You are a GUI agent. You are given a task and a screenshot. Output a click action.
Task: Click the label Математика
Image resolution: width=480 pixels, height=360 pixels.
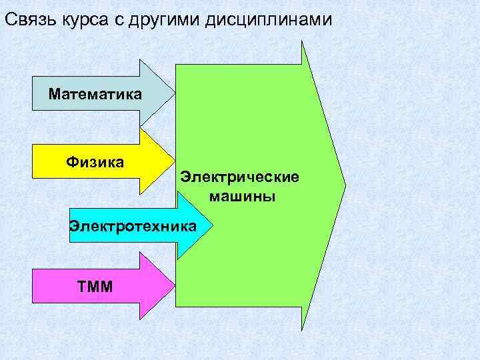pyautogui.click(x=95, y=94)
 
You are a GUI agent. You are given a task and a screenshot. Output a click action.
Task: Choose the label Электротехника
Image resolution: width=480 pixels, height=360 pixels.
pyautogui.click(x=133, y=226)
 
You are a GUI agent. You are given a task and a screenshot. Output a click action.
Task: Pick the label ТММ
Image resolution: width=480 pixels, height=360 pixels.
pyautogui.click(x=95, y=287)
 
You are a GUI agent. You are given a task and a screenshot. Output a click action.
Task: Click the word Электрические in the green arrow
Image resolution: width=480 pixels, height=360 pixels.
pyautogui.click(x=240, y=177)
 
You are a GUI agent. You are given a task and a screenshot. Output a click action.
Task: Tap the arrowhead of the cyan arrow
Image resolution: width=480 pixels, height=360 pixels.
pyautogui.click(x=193, y=226)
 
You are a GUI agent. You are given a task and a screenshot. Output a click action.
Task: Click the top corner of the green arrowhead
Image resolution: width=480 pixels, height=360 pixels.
pyautogui.click(x=302, y=42)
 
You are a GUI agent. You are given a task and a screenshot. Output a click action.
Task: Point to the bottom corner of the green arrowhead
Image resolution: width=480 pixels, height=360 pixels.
pyautogui.click(x=302, y=329)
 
